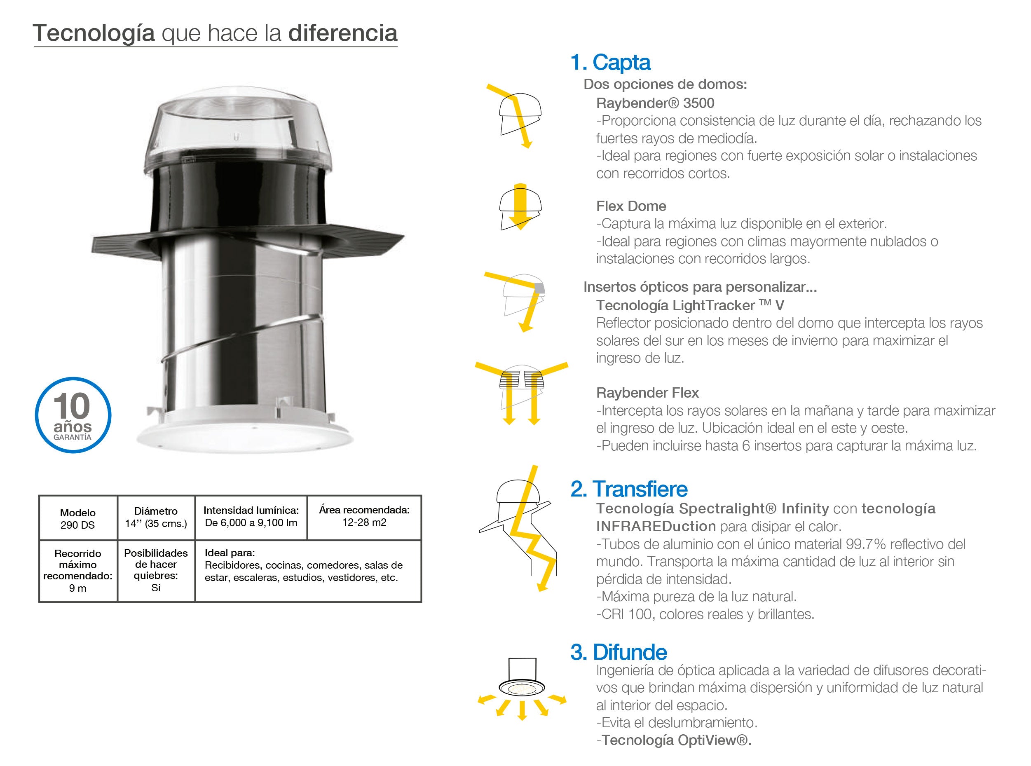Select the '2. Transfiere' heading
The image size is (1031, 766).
[629, 489]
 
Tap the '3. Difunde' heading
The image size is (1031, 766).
[619, 652]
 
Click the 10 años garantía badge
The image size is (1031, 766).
[73, 415]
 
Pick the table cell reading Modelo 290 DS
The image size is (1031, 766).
[78, 518]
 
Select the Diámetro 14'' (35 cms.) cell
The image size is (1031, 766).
[156, 518]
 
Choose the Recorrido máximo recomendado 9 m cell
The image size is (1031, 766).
[78, 571]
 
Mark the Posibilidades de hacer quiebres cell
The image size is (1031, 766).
[156, 570]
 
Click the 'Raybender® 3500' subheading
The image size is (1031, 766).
[655, 103]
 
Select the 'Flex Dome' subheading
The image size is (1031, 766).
[631, 206]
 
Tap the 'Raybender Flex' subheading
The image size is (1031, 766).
[647, 393]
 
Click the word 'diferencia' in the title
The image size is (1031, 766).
[343, 33]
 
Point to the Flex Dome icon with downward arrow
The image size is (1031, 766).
[520, 207]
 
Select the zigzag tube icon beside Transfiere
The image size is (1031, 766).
[518, 528]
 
